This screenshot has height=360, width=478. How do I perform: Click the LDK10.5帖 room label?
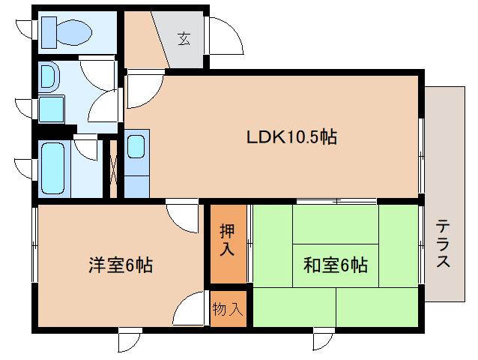pyautogui.click(x=291, y=137)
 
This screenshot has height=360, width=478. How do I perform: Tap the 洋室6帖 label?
pyautogui.click(x=120, y=265)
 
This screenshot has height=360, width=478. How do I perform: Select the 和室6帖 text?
pyautogui.click(x=335, y=265)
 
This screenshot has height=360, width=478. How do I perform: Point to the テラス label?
pyautogui.click(x=444, y=244)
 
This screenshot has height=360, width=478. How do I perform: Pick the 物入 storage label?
pyautogui.click(x=228, y=308)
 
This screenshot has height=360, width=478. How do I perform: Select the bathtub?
pyautogui.click(x=55, y=169)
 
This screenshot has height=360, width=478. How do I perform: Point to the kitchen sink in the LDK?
pyautogui.click(x=137, y=145)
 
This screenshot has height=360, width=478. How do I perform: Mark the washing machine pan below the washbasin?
pyautogui.click(x=52, y=109)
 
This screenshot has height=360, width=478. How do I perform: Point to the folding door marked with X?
pyautogui.click(x=113, y=169)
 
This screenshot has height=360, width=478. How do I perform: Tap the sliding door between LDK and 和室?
pyautogui.click(x=336, y=201)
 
